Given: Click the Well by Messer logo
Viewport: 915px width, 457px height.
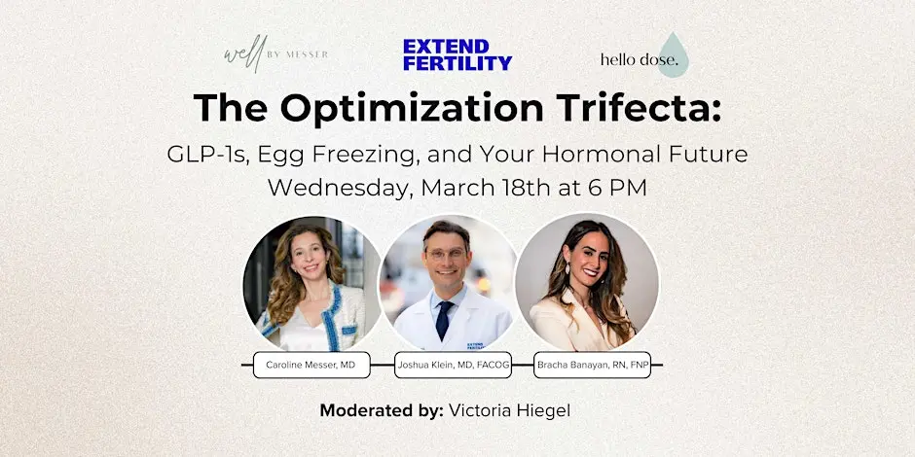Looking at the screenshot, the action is point(275,53).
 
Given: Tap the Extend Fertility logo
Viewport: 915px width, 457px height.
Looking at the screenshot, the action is point(457,54).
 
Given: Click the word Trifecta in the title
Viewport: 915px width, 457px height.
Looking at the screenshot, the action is point(633,107).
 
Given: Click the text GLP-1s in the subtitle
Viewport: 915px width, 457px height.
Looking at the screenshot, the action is point(206,154).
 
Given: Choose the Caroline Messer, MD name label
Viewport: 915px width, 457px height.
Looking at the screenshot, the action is point(311,365).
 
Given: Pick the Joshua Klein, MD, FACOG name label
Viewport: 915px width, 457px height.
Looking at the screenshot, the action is point(453,365).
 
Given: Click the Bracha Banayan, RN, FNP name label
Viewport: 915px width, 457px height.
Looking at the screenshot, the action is point(592,365).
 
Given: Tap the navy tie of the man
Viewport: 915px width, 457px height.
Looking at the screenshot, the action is point(445,321).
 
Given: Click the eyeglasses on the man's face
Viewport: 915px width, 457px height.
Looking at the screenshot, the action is point(447,254).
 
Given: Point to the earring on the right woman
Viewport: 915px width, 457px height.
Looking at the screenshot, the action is point(567,268).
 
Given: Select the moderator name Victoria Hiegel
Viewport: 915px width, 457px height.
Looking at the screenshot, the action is point(509,410).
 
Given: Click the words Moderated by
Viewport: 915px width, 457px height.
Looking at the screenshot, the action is point(382,410).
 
